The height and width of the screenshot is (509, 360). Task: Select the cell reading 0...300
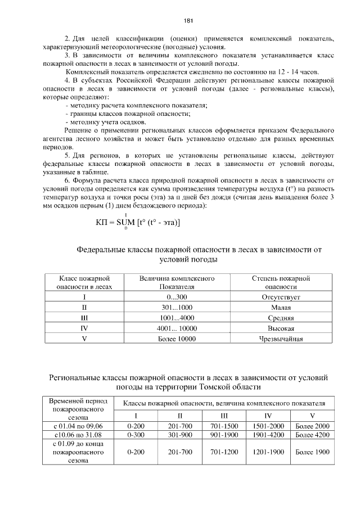pyautogui.click(x=177, y=296)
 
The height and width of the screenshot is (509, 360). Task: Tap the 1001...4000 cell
pyautogui.click(x=177, y=318)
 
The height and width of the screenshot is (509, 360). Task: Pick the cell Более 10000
pyautogui.click(x=177, y=339)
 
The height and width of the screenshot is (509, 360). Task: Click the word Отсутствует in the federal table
pyautogui.click(x=281, y=296)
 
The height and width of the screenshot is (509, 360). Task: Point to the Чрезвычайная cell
pyautogui.click(x=281, y=339)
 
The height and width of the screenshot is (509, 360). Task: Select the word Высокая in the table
pyautogui.click(x=281, y=328)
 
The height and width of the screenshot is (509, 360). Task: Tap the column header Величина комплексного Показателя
pyautogui.click(x=177, y=282)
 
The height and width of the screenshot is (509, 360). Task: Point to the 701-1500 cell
pyautogui.click(x=224, y=426)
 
